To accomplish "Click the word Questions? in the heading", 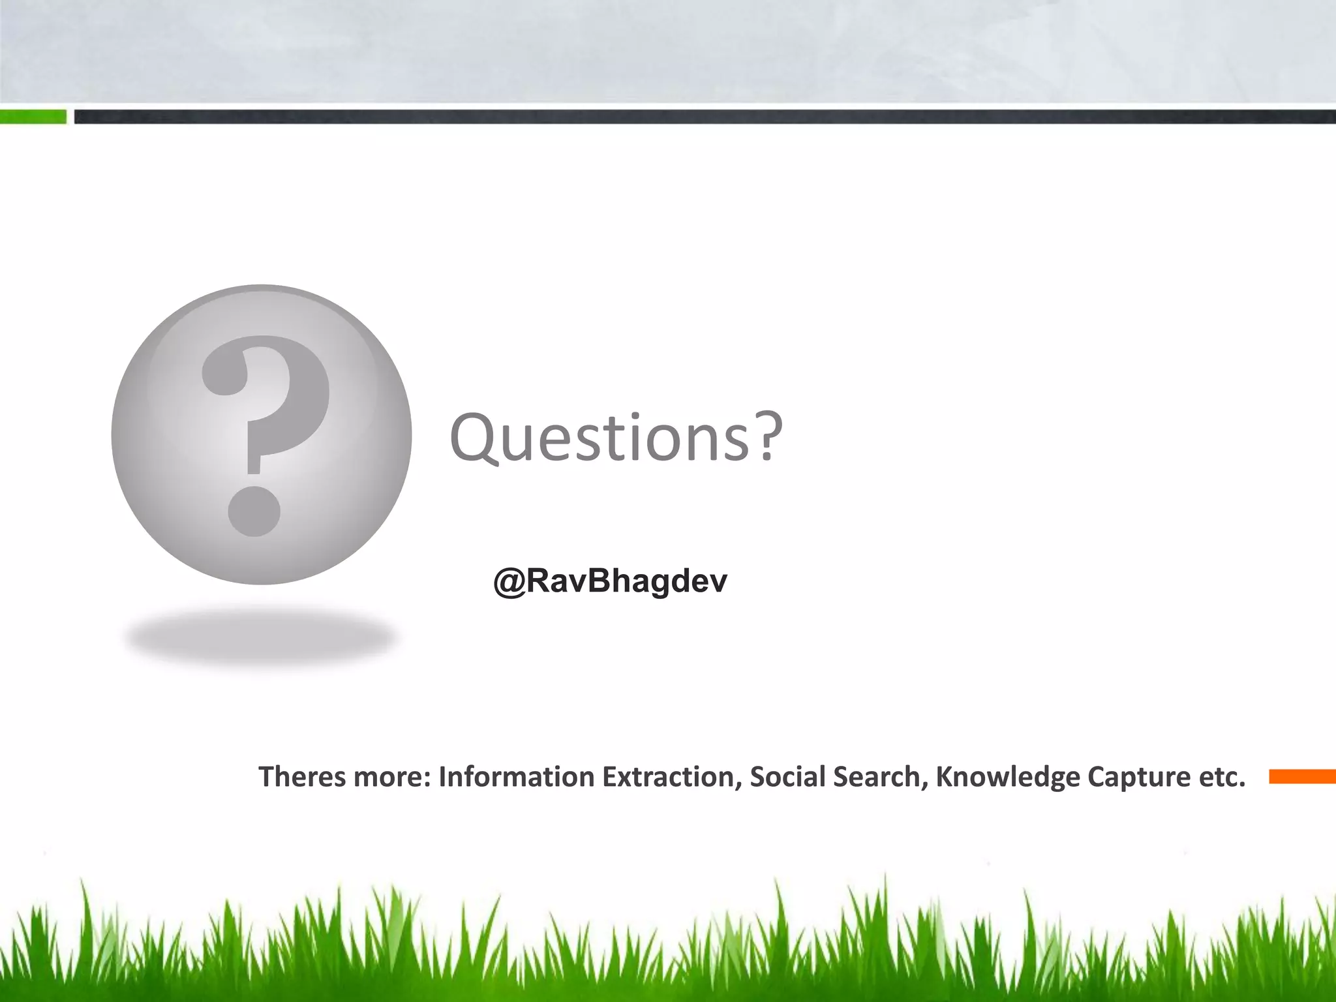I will (x=616, y=437).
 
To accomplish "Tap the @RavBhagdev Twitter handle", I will (x=610, y=580).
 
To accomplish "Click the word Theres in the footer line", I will (x=301, y=776).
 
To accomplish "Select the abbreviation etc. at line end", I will (x=1222, y=776).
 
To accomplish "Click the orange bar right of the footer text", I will (x=1302, y=776).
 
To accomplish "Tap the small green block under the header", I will (x=33, y=117).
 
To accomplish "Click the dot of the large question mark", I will (x=254, y=511).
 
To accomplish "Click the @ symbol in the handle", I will (x=509, y=581).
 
